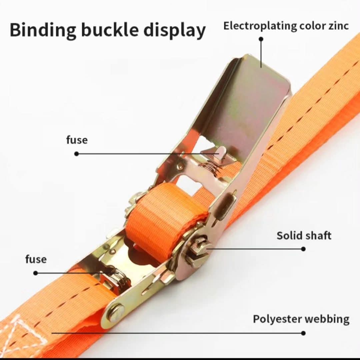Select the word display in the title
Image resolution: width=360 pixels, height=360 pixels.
coord(174,31)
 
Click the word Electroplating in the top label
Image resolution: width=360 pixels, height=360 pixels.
coord(260,26)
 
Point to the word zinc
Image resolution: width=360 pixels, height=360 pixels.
coord(338,26)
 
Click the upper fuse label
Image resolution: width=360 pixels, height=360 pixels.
coord(77,140)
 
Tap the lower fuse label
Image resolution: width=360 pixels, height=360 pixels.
coord(36,259)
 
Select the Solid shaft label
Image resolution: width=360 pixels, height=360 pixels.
coord(304,236)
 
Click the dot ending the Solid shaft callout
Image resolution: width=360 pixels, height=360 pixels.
coord(303,249)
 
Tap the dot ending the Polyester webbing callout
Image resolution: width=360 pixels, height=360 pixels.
coord(303,333)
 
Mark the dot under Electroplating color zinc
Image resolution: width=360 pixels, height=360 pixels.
coord(261,39)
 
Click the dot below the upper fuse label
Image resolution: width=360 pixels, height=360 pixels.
coord(76,154)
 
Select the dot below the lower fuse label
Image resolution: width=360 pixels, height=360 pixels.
coord(35,273)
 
